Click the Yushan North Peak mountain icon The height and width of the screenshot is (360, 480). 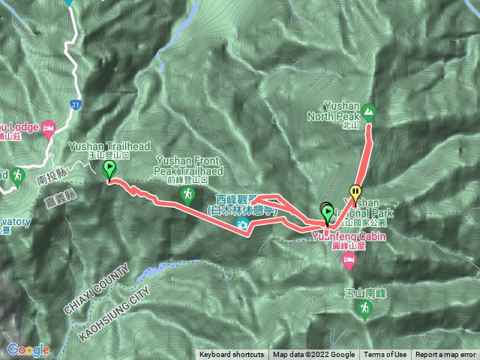[x=369, y=113]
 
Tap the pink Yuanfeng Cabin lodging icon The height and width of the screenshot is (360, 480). [x=348, y=259]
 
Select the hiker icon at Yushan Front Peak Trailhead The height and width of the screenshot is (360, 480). [x=187, y=195]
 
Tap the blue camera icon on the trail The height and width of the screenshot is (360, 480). [x=242, y=224]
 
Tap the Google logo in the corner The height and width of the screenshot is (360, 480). [x=28, y=349]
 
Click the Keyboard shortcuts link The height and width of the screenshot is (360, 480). [x=232, y=355]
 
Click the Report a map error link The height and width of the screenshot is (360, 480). [x=445, y=355]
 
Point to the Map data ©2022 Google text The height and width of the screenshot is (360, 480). [x=313, y=355]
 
